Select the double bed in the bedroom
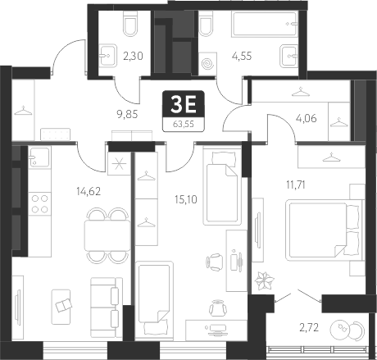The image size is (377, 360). [x=320, y=230]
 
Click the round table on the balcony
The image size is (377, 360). [x=343, y=331]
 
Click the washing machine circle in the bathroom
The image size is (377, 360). [x=210, y=62]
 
